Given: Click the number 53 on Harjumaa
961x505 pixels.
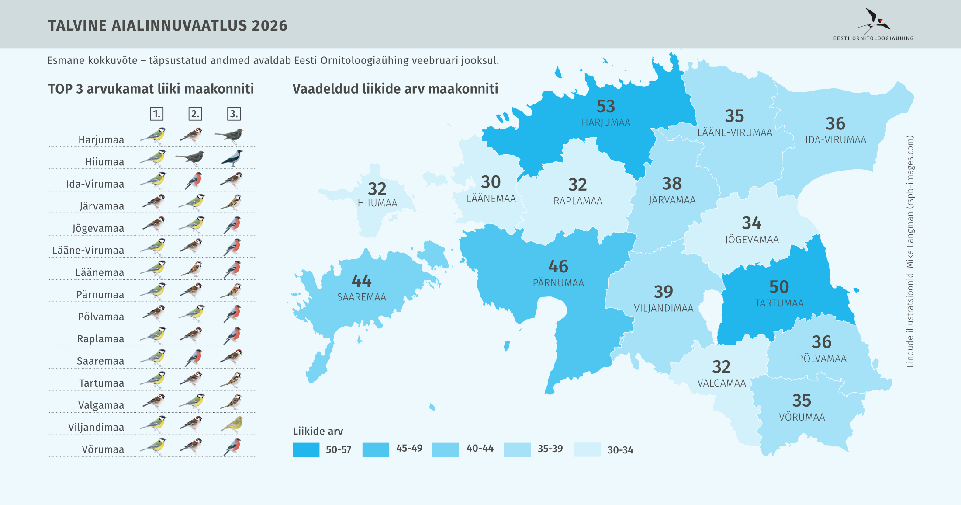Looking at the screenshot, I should click(605, 107).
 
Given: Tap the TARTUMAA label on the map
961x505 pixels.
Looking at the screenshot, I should click(779, 303).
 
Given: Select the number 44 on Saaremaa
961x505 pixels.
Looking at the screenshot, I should click(361, 281).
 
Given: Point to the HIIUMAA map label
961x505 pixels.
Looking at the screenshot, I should click(377, 203).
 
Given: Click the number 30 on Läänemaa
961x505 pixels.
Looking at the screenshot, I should click(491, 182).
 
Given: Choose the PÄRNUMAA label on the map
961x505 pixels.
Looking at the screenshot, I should click(558, 283).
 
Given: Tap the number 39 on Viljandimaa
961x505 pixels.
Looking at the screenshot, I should click(663, 292).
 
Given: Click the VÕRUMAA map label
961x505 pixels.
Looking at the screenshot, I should click(802, 417).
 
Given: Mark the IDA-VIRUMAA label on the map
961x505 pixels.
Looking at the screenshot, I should click(836, 140).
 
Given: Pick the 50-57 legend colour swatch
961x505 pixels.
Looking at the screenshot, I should click(306, 449).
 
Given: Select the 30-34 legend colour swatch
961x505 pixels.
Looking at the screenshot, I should click(588, 449).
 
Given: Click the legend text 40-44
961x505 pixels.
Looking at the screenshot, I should click(480, 449).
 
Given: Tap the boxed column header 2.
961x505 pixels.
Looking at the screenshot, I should click(195, 114).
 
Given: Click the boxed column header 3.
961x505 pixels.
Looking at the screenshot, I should click(234, 114).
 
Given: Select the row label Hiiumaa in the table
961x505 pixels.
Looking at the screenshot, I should click(105, 162).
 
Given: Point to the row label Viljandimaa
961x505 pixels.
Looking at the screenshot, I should click(96, 428).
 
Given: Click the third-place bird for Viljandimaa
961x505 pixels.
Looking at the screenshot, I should click(232, 424).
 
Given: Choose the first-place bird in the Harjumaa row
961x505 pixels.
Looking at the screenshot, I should click(154, 136).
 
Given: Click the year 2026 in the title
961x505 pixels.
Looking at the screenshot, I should click(270, 26).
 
